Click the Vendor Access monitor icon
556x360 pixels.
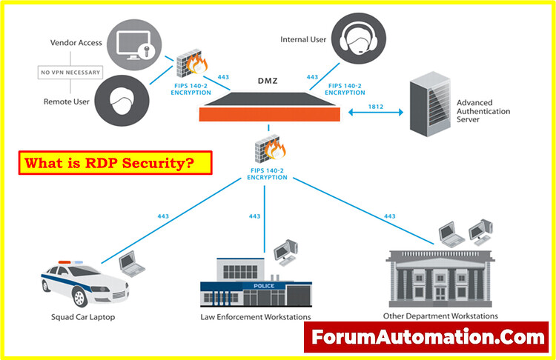click(134, 44)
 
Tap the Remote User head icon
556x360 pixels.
click(122, 101)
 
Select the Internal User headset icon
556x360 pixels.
click(359, 39)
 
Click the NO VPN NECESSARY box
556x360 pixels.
click(70, 73)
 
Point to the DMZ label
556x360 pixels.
click(268, 81)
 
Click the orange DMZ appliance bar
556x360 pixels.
click(270, 115)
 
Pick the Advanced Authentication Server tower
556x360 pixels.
click(430, 104)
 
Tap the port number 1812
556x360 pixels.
click(376, 107)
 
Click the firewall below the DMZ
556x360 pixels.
click(270, 149)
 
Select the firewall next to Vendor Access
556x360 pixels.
click(192, 64)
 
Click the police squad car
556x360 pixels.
click(85, 284)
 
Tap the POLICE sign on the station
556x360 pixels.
click(264, 286)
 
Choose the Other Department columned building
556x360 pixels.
click(440, 279)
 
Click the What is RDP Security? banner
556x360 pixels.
click(115, 163)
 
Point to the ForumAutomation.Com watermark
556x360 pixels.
click(426, 337)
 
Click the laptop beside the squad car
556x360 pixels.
click(131, 264)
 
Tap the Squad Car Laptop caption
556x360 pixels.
click(83, 317)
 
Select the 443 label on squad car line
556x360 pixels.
click(163, 216)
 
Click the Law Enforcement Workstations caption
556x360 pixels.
click(256, 317)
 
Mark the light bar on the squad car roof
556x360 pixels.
click(70, 262)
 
